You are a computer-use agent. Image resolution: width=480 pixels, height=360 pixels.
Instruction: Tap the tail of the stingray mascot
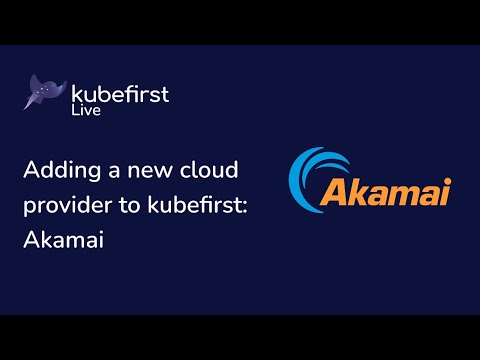click(x=30, y=103)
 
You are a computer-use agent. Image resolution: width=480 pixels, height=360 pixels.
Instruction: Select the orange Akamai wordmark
click(x=372, y=191)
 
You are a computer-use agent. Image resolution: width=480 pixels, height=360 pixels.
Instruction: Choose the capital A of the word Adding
click(x=31, y=172)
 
